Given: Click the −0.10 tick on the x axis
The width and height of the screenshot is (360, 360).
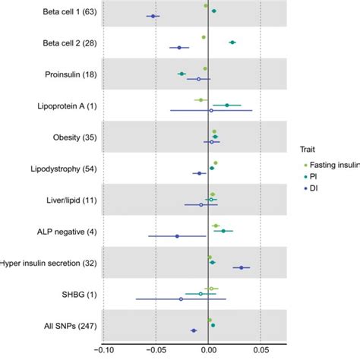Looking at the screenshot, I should pyautogui.click(x=101, y=350).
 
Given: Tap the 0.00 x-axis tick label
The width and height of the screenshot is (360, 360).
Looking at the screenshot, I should pyautogui.click(x=207, y=350).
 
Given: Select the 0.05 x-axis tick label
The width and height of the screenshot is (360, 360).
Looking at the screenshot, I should pyautogui.click(x=261, y=350).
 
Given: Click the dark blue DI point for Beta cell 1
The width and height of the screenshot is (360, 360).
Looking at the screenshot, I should pyautogui.click(x=153, y=16).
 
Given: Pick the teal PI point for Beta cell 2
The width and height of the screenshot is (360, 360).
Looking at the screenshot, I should pyautogui.click(x=232, y=43).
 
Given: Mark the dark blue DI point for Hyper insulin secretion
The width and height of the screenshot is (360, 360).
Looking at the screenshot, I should pyautogui.click(x=242, y=267).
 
